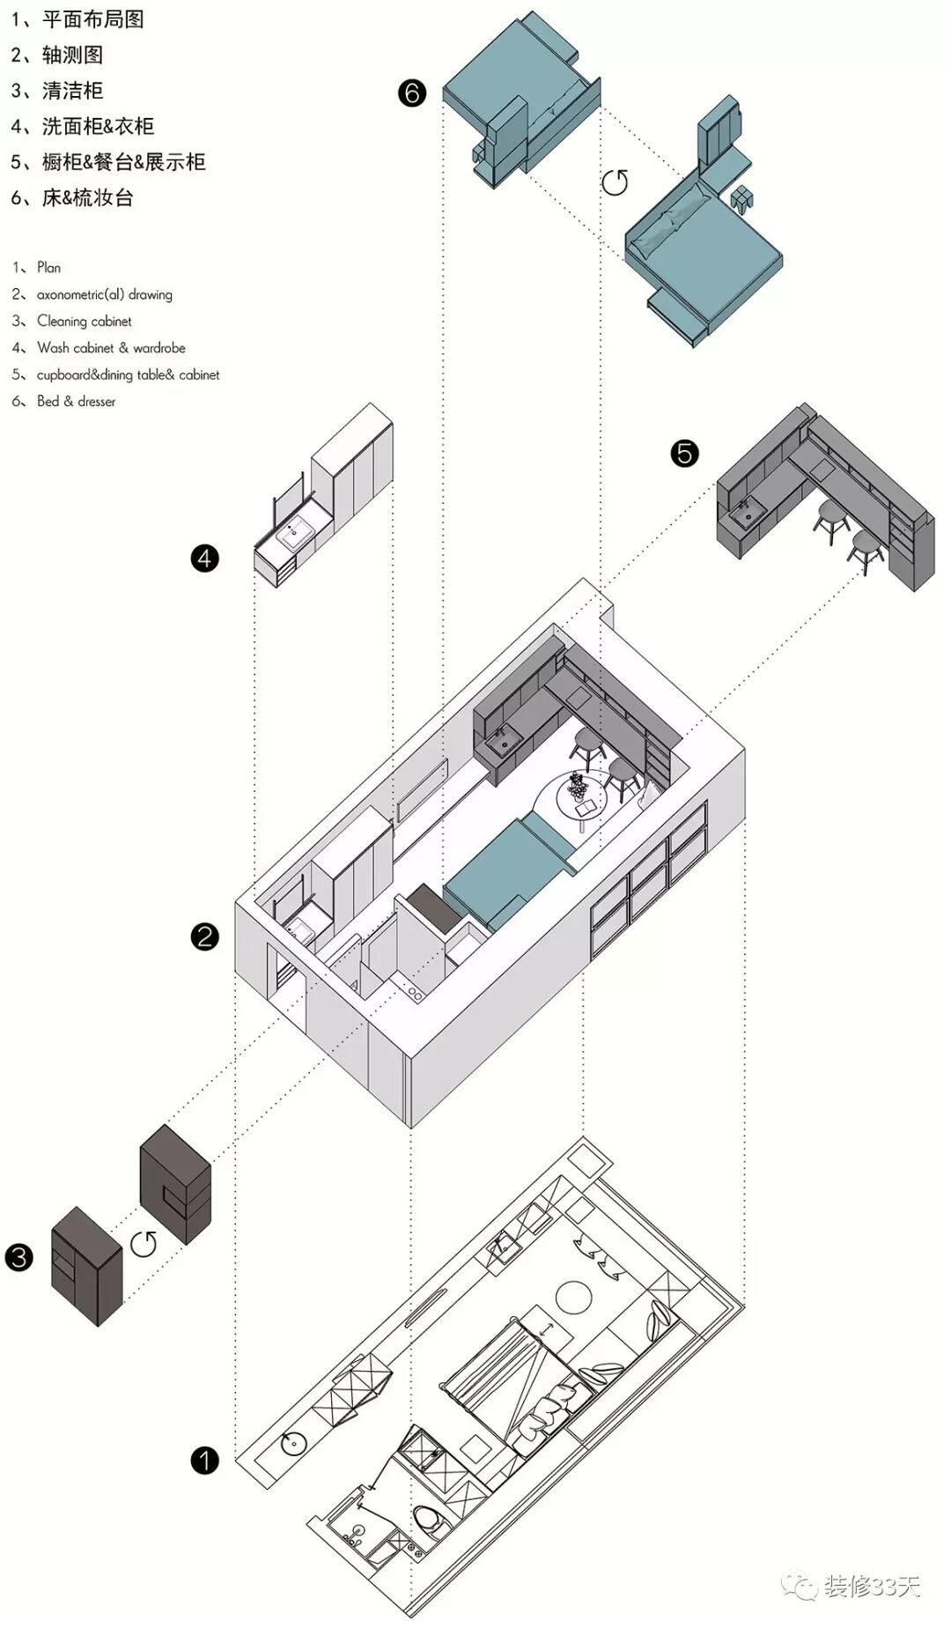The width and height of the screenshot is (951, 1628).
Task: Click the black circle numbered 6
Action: [x=411, y=92]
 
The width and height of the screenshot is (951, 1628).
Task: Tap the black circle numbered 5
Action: [x=684, y=454]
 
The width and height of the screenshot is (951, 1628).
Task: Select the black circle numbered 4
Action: [x=204, y=558]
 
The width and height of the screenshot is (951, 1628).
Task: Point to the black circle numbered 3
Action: [x=18, y=1257]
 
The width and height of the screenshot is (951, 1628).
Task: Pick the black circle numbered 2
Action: [x=204, y=936]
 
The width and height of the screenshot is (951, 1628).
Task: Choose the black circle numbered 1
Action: [x=204, y=1461]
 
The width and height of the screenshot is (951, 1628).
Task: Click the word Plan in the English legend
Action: [x=49, y=268]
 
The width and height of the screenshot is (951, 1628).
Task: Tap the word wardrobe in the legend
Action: [x=159, y=348]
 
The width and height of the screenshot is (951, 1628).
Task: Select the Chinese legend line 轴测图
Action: [x=72, y=55]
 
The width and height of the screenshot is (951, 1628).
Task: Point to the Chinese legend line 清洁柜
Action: [x=72, y=91]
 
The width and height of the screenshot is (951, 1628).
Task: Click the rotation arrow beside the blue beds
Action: [x=615, y=182]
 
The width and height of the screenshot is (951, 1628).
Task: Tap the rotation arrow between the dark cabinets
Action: [x=144, y=1244]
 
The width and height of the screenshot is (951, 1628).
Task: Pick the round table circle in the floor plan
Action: [x=573, y=1296]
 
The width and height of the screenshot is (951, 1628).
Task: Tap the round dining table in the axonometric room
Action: [x=581, y=797]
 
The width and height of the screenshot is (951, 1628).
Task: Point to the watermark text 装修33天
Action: [x=872, y=1587]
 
